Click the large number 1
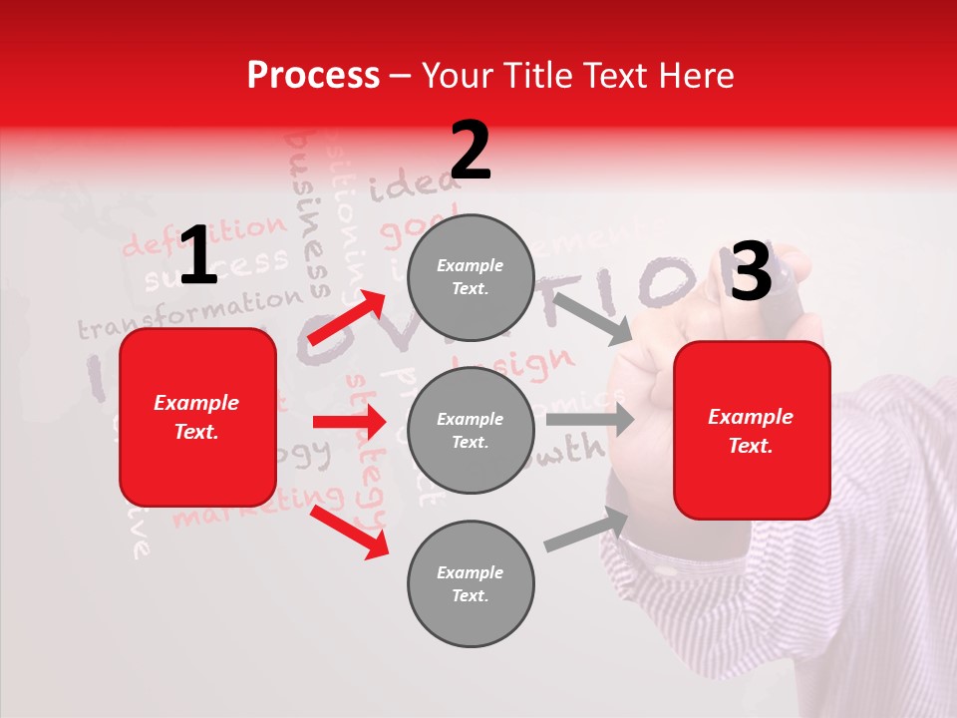point(197,256)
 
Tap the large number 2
point(471,151)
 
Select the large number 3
point(751,271)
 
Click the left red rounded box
point(197,417)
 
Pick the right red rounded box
point(752,431)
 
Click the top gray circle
point(471,277)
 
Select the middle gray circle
point(471,431)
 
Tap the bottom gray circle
point(471,584)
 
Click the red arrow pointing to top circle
point(347,317)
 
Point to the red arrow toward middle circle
point(349,422)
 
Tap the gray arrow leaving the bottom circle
point(586,530)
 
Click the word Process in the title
point(313,76)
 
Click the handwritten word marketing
point(257,507)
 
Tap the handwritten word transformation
point(189,312)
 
